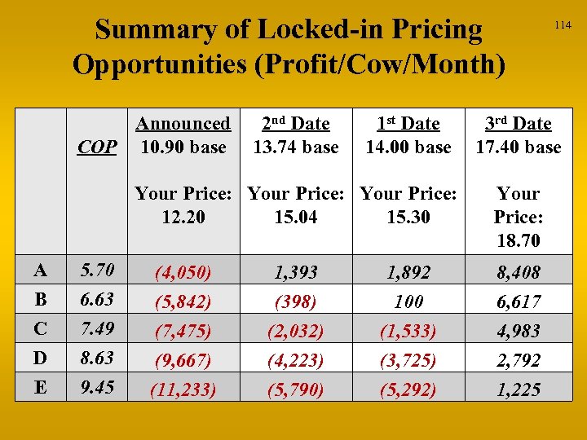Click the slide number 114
pyautogui.click(x=563, y=25)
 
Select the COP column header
pyautogui.click(x=97, y=147)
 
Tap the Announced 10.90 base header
pyautogui.click(x=183, y=135)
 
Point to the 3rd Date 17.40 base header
pyautogui.click(x=519, y=135)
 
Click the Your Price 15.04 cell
pyautogui.click(x=296, y=205)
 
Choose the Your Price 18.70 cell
pyautogui.click(x=519, y=217)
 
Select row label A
pyautogui.click(x=40, y=270)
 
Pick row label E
pyautogui.click(x=40, y=387)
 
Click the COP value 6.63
pyautogui.click(x=97, y=299)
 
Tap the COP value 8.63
pyautogui.click(x=97, y=358)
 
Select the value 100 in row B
pyautogui.click(x=408, y=301)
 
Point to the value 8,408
pyautogui.click(x=519, y=272)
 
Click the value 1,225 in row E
pyautogui.click(x=519, y=389)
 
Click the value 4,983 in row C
pyautogui.click(x=519, y=331)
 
